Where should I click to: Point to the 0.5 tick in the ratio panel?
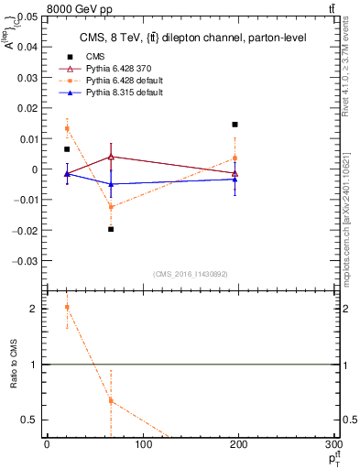coord(30,420)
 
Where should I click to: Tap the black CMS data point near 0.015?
coord(235,124)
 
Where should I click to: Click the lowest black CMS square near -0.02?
coord(111,229)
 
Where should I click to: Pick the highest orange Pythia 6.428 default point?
coord(67,128)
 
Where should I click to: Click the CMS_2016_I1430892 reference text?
coord(191,274)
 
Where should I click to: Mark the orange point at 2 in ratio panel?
coord(67,308)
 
